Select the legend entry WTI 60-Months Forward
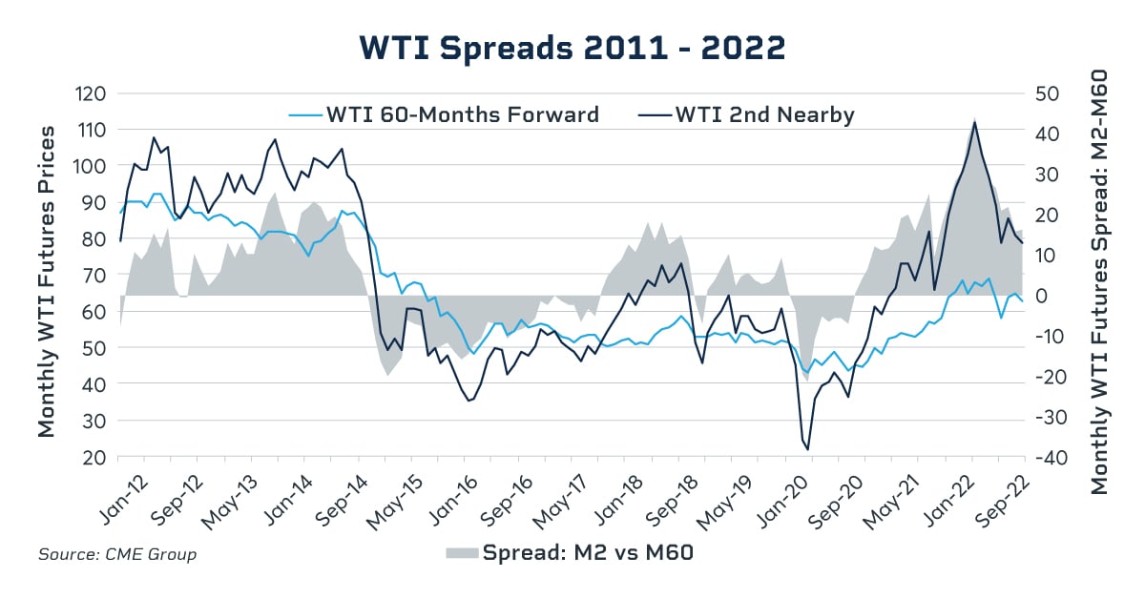pos(462,115)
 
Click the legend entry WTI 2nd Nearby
pos(764,115)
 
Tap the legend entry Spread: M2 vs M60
pos(587,553)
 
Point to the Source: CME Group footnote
pos(117,554)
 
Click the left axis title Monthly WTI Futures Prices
pos(47,280)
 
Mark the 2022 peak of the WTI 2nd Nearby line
pos(974,122)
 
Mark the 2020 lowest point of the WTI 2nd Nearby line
pos(807,449)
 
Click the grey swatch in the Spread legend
pos(462,553)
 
